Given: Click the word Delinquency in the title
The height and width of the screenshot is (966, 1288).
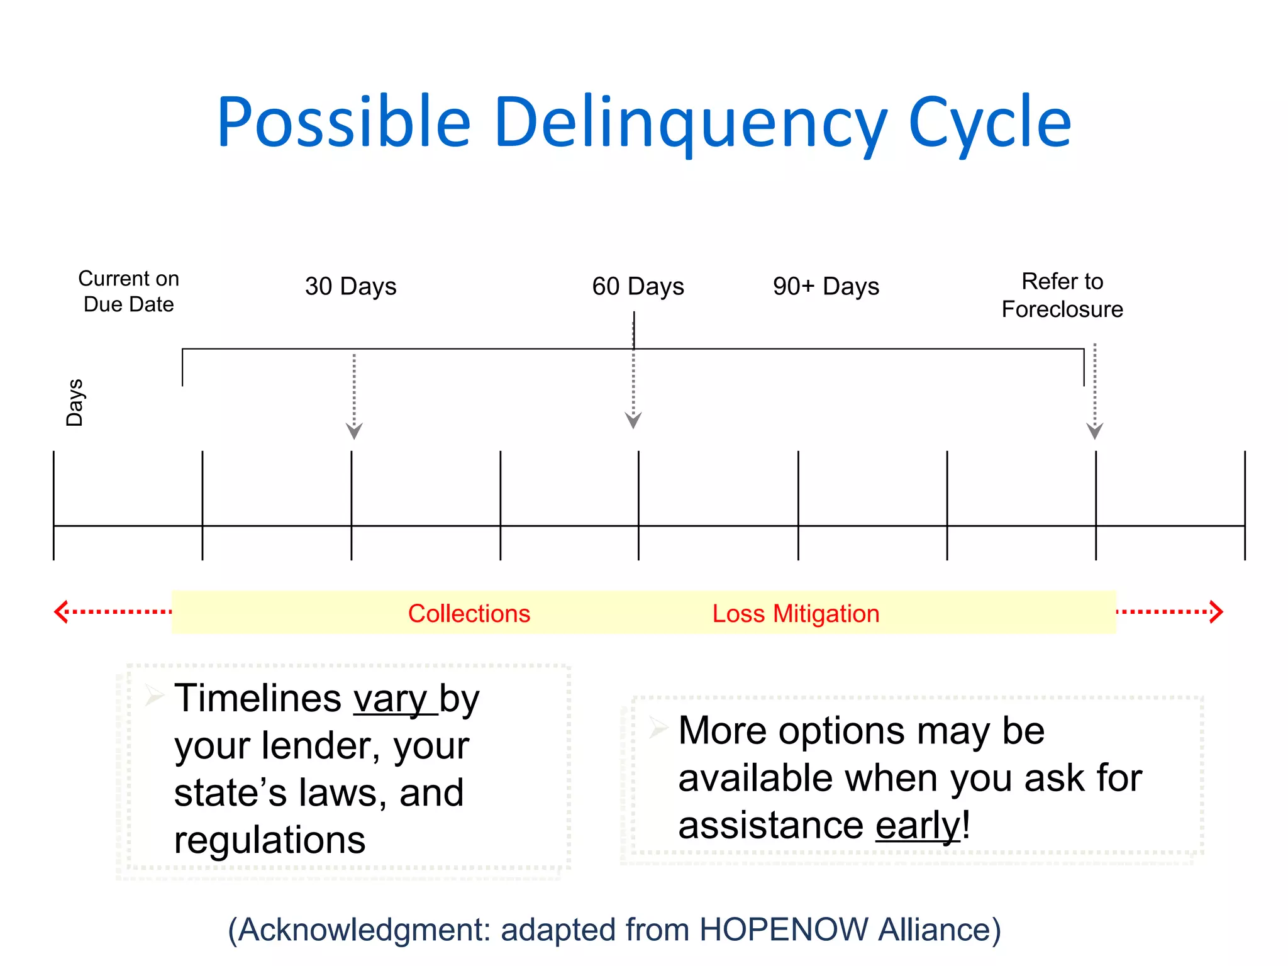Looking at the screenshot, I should coord(691,123).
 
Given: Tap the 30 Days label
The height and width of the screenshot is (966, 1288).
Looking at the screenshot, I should coord(350,286).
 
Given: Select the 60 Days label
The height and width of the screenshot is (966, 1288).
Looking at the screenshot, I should coord(638,286).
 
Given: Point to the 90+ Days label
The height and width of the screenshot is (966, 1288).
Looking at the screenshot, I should coord(826,286).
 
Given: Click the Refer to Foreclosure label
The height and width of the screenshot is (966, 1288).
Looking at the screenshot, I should coord(1062,295).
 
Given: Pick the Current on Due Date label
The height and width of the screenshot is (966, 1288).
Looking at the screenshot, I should coord(128,291).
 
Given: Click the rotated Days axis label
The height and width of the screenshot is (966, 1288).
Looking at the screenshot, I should coord(75,402).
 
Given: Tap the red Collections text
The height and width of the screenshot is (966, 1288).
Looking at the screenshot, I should coord(469,613).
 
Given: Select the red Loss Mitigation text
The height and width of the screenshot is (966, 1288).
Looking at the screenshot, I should coord(796,613).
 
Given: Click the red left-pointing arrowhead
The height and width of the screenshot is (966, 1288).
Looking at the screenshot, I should coord(61,611).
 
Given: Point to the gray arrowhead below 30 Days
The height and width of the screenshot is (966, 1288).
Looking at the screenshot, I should coord(354,431).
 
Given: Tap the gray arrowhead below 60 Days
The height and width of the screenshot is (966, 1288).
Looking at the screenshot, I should coord(633,421).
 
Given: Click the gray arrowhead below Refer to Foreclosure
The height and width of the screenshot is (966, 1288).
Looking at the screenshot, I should coord(1095,431).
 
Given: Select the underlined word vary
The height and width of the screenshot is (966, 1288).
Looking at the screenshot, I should coord(390,699).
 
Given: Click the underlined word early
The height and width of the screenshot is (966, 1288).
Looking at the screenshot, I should coord(918,825).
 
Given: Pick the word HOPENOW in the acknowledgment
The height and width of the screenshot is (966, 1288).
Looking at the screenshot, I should coord(784,930).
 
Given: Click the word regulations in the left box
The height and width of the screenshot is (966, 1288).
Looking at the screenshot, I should coord(270,840).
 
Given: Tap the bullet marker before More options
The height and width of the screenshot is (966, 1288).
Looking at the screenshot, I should coord(658,728).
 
